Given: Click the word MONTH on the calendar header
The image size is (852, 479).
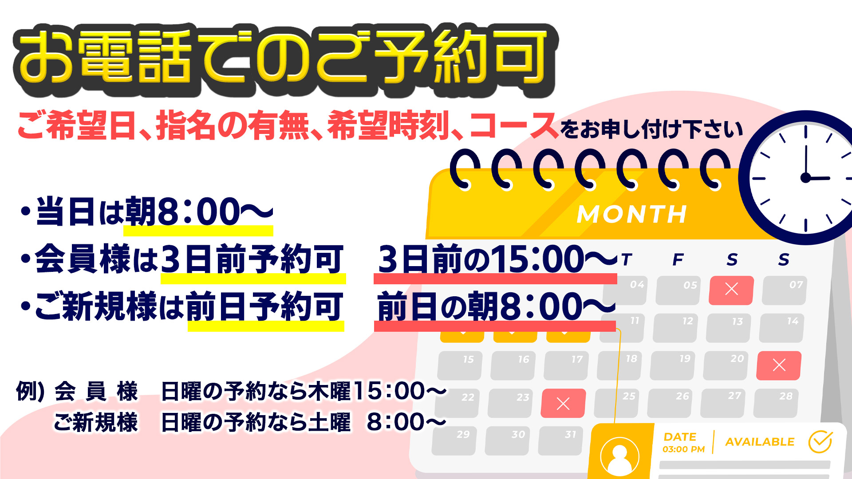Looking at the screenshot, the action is point(632,215).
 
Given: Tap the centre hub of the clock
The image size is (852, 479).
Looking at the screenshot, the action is point(805,178).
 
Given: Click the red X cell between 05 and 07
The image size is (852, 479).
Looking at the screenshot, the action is point(731,290).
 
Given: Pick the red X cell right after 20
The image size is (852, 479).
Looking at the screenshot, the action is point(779,365).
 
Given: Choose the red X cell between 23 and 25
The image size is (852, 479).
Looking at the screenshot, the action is point(563,403).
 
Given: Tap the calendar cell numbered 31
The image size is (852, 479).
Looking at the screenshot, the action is point(560,441).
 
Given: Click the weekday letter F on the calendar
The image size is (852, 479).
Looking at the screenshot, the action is point(678,259).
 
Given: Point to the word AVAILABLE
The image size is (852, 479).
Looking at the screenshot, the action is point(760,442).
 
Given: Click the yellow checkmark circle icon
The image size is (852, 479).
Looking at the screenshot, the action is point(820,441).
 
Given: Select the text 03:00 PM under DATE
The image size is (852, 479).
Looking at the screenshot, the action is point(683,449).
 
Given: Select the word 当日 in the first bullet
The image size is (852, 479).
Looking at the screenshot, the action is point(65,212).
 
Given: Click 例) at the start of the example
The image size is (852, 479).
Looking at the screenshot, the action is point(30,391).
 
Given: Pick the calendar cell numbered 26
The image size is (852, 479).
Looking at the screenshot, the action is point(670,403).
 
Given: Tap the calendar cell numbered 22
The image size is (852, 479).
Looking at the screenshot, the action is point(457,403).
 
